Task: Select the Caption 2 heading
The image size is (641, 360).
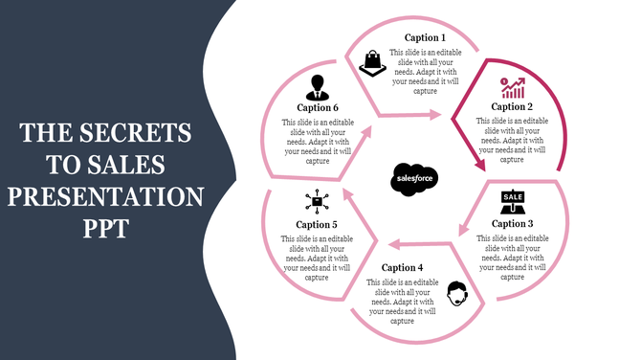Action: tap(512, 107)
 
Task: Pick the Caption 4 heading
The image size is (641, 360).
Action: tap(402, 267)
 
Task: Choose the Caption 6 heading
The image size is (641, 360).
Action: tap(317, 108)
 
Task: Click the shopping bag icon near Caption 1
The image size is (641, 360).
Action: tap(371, 64)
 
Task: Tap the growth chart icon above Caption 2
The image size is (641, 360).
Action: tap(513, 88)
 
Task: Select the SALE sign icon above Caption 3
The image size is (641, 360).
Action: tap(513, 202)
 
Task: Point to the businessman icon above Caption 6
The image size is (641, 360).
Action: tap(317, 88)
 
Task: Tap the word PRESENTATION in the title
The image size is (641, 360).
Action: tap(106, 198)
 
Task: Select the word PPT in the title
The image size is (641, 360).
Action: tap(106, 231)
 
